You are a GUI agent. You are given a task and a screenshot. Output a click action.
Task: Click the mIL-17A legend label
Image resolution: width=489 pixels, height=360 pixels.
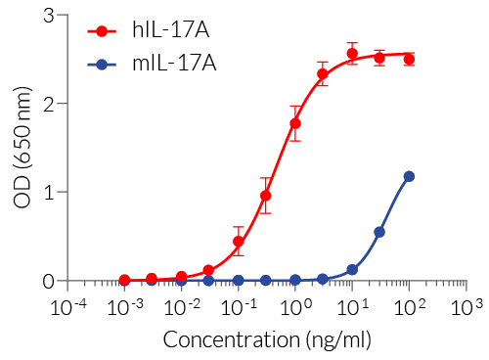pyautogui.click(x=173, y=65)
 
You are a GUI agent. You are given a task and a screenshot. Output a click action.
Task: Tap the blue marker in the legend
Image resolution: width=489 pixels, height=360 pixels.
pyautogui.click(x=103, y=65)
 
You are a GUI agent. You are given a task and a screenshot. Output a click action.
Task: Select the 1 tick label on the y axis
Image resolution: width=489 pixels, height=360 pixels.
pyautogui.click(x=48, y=192)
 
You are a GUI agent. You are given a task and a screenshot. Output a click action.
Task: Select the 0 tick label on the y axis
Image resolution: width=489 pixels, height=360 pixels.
pyautogui.click(x=48, y=281)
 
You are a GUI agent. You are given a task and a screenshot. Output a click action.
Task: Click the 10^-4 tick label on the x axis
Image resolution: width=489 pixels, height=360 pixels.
pyautogui.click(x=67, y=306)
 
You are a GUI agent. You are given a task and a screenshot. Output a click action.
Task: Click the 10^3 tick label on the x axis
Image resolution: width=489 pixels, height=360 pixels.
pyautogui.click(x=467, y=306)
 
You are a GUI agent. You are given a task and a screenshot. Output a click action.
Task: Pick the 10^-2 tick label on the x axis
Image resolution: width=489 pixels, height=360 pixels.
pyautogui.click(x=181, y=306)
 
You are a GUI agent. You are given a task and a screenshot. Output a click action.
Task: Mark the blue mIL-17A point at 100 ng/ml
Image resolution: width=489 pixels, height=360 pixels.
pyautogui.click(x=409, y=177)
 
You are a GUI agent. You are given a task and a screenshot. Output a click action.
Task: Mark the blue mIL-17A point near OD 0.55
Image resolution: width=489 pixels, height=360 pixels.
pyautogui.click(x=379, y=232)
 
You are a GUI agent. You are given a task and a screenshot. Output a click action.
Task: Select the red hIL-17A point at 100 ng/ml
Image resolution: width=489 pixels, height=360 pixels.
pyautogui.click(x=409, y=60)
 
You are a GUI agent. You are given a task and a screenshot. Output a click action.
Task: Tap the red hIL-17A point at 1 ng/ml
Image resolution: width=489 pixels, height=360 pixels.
pyautogui.click(x=295, y=123)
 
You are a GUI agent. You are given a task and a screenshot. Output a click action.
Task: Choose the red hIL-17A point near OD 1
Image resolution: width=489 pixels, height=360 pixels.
pyautogui.click(x=265, y=196)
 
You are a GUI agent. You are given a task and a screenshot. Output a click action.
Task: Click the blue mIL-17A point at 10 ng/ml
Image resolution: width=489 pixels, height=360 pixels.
pyautogui.click(x=352, y=270)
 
